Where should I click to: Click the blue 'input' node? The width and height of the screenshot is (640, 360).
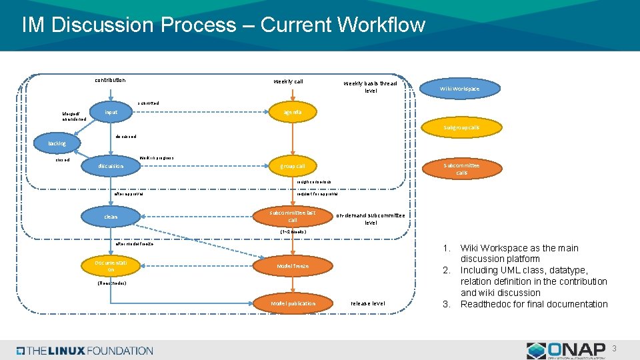(111, 112)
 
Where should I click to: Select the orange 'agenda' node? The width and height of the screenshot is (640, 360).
(292, 112)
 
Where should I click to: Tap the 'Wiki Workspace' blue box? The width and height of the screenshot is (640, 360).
(459, 89)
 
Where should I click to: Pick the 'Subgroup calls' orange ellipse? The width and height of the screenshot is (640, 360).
(461, 127)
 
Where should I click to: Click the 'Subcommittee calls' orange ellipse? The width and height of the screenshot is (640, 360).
(461, 169)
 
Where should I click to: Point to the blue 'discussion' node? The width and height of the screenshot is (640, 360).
(110, 166)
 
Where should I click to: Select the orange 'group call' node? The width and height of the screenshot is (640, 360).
(292, 166)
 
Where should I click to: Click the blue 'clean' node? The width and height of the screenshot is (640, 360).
(111, 217)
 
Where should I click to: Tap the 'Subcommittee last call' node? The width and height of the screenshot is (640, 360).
(292, 216)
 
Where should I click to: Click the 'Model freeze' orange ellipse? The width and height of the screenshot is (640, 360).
(292, 266)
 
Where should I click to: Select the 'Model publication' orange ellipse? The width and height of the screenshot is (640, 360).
(293, 303)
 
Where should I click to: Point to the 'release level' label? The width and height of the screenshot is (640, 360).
(368, 303)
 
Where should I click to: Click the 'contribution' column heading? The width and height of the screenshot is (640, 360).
(109, 81)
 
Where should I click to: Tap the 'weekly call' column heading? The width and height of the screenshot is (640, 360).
(288, 81)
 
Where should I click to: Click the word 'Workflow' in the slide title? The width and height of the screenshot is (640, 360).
(381, 25)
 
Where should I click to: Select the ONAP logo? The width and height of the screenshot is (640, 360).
(566, 350)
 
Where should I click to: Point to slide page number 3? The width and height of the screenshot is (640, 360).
(615, 348)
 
